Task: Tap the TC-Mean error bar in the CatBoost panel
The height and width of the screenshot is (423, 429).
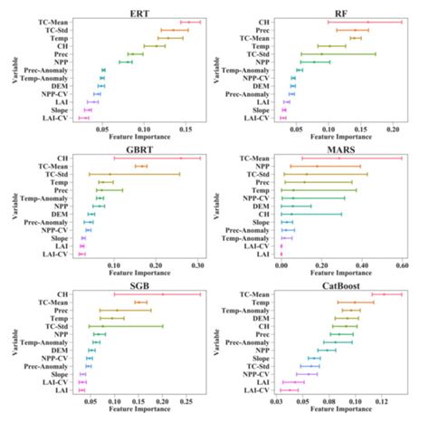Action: pos(386,294)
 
